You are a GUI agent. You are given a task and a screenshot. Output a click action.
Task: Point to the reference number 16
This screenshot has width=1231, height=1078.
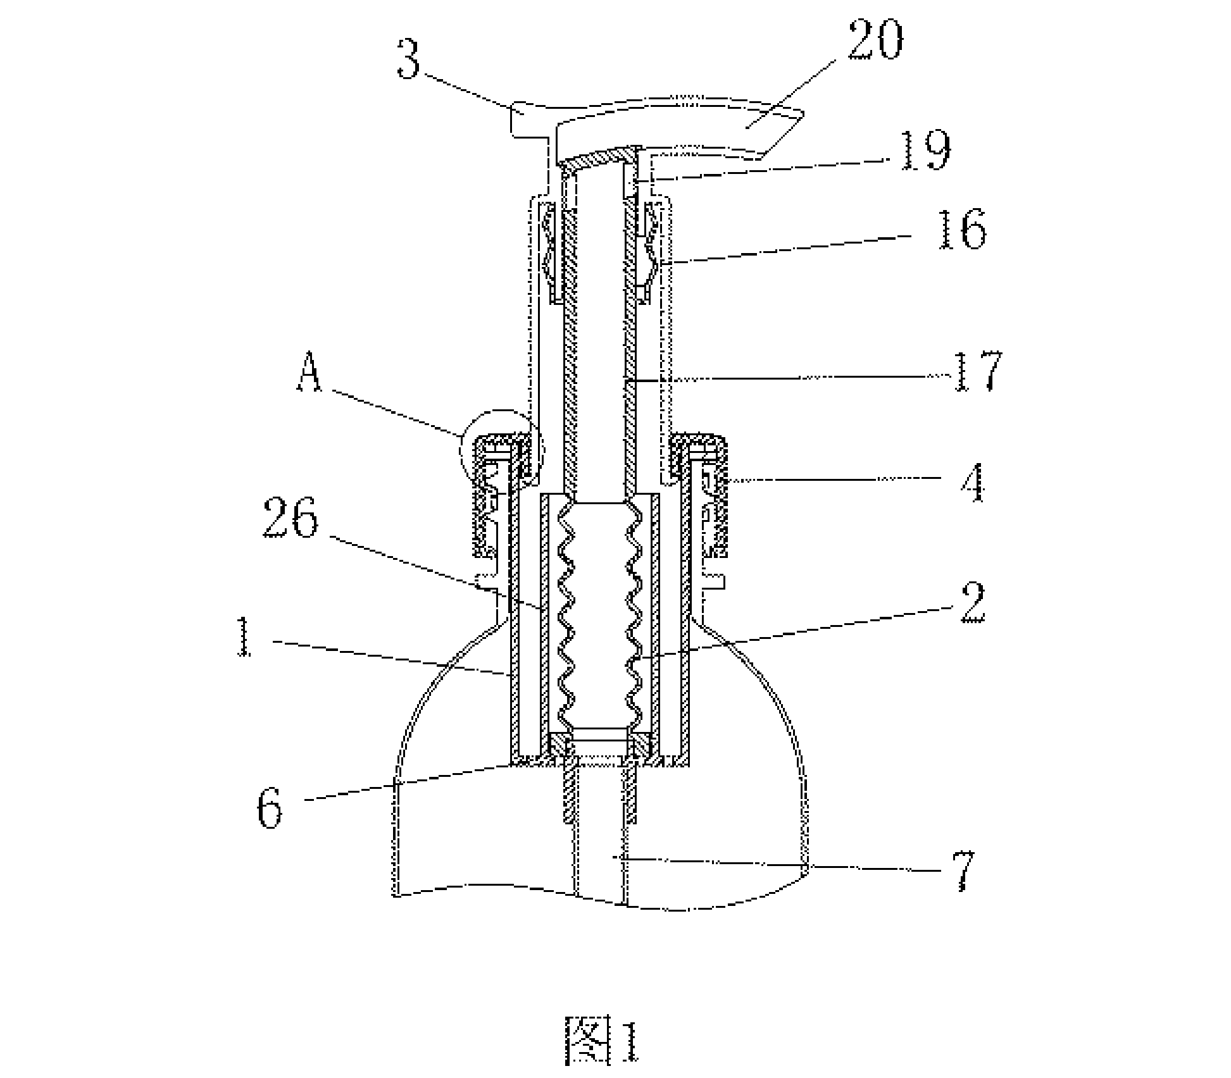962,230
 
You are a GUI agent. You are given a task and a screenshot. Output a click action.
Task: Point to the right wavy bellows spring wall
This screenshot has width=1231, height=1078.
634,614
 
